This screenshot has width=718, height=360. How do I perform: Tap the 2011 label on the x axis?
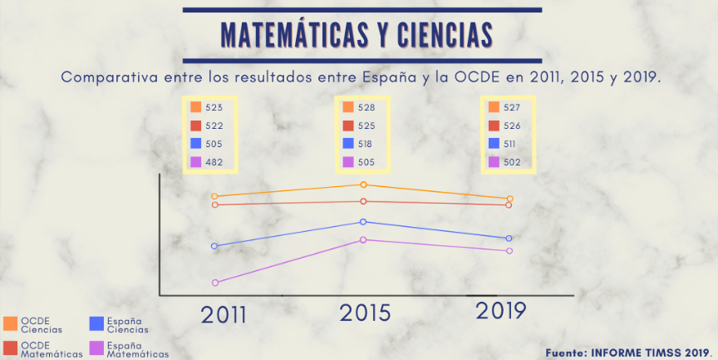tap(224, 315)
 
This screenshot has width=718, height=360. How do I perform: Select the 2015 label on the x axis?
tap(364, 313)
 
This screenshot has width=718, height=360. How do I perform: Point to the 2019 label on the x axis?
tap(501, 311)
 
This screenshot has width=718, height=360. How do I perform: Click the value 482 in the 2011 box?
tap(214, 162)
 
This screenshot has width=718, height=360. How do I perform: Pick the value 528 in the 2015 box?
tap(366, 107)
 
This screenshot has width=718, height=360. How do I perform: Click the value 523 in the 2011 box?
tap(214, 107)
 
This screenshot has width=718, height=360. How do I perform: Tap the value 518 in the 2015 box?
tap(366, 144)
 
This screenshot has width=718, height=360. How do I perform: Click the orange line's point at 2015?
tap(363, 185)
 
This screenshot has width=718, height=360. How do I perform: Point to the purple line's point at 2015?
tap(363, 240)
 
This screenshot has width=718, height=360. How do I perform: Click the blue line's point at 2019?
tap(509, 239)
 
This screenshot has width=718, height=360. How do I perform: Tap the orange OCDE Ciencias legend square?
tap(10, 323)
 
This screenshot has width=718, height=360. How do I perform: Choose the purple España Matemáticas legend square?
tap(97, 348)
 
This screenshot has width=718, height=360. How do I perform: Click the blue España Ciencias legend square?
tap(97, 323)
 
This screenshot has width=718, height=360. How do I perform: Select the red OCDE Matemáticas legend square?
tap(10, 348)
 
